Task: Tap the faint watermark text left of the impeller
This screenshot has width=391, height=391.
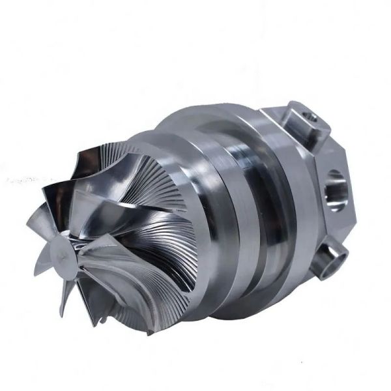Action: [x=23, y=178]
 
